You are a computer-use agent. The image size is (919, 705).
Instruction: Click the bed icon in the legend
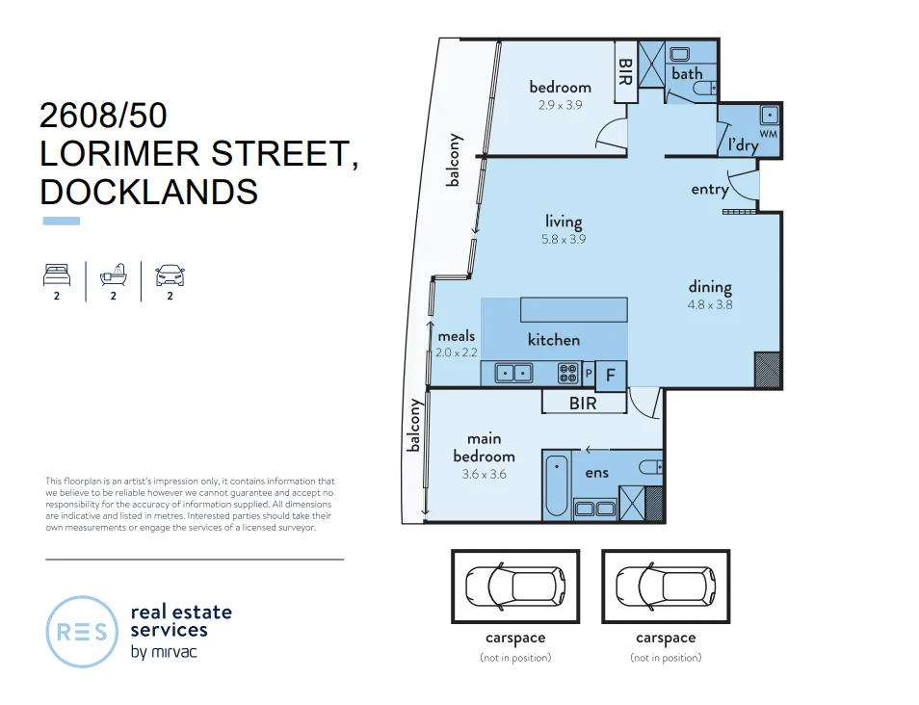point(57,275)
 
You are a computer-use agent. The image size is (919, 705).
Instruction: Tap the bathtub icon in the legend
point(114,275)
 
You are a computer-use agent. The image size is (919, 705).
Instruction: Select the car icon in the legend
point(170,275)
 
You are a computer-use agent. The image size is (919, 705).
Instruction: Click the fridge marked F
point(610,373)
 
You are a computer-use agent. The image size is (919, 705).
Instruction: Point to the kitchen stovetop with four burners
point(567,373)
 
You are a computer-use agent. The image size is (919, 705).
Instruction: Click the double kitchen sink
point(513,373)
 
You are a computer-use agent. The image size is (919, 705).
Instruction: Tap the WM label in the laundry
point(768,134)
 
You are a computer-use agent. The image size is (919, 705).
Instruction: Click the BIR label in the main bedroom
point(583,404)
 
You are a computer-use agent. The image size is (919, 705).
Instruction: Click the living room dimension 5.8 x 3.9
point(563,239)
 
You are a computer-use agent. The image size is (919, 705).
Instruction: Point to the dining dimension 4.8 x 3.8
point(710,304)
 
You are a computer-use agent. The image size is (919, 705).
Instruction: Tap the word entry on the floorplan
point(710,190)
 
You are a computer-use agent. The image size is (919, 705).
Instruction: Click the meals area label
point(457,336)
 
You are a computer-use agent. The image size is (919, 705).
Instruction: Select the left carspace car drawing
point(515,585)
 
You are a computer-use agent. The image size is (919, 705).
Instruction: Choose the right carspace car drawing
point(666,585)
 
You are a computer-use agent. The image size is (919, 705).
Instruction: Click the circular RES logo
point(82,632)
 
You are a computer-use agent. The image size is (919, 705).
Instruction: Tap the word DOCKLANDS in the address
point(148,192)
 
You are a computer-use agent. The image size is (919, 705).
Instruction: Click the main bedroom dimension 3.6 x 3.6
point(484,474)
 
